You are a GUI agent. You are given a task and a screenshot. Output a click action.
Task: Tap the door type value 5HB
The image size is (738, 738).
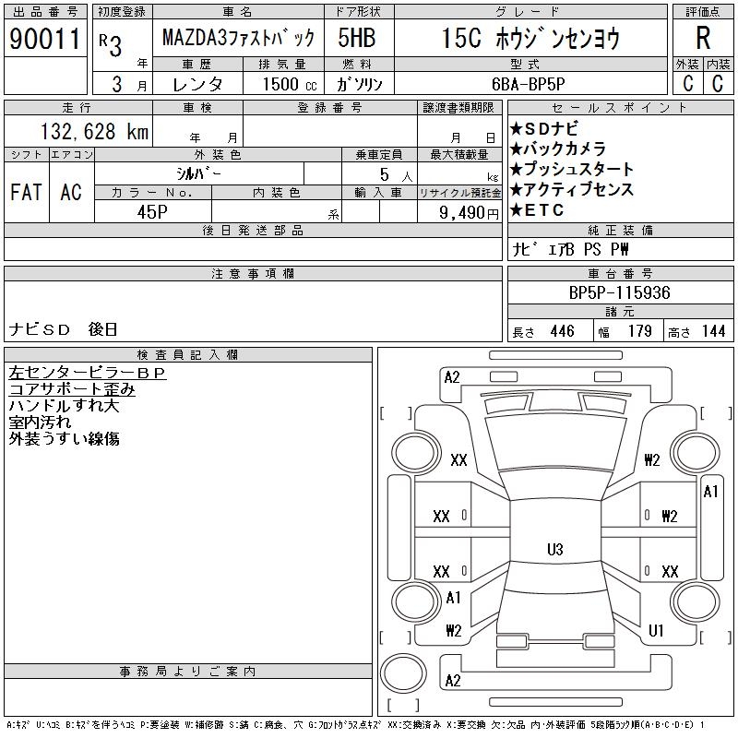click(x=355, y=39)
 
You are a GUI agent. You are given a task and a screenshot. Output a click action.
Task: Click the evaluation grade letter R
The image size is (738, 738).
click(x=703, y=39)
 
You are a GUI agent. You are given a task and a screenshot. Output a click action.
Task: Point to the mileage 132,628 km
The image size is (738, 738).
click(x=92, y=132)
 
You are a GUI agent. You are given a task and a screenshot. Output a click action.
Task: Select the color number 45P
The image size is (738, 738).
click(x=152, y=210)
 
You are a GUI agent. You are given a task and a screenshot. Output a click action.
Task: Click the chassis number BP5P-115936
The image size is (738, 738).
click(x=620, y=292)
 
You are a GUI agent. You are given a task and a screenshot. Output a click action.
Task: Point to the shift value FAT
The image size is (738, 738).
click(x=26, y=192)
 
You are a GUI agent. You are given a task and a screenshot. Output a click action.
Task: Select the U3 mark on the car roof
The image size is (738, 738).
click(x=554, y=550)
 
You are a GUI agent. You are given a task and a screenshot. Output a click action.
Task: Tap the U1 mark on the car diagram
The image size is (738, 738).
click(x=656, y=631)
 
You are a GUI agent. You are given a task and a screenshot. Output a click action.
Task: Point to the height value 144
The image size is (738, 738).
click(x=713, y=331)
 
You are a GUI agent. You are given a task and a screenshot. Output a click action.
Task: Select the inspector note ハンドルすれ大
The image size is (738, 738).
click(x=64, y=406)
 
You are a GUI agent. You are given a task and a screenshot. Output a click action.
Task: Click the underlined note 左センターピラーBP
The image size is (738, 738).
click(x=87, y=373)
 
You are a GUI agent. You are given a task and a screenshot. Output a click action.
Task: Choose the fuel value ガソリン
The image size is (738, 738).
click(x=363, y=84)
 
